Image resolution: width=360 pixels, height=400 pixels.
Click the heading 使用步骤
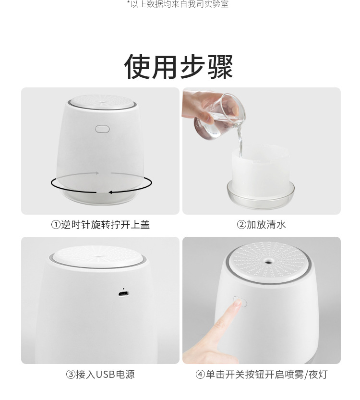tap(179, 67)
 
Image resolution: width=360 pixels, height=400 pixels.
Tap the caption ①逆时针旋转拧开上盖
tap(100, 225)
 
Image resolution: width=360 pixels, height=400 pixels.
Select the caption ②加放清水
tap(262, 225)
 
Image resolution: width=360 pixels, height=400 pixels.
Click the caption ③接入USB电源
tap(100, 375)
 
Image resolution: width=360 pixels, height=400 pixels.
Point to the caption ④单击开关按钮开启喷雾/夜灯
tap(262, 375)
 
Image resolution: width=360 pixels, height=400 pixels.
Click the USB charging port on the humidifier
tap(124, 294)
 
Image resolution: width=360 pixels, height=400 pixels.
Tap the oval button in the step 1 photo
tap(102, 129)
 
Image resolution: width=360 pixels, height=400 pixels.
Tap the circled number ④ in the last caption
tap(200, 375)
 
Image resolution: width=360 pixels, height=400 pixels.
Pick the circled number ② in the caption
tap(241, 225)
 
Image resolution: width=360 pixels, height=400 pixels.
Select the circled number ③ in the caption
tap(71, 375)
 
